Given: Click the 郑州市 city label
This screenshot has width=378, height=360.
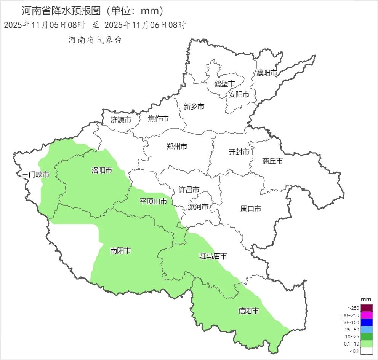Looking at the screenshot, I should tap(177, 146).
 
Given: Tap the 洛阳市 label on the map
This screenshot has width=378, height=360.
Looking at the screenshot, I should tap(102, 170).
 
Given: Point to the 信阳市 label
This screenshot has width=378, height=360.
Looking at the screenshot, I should tap(248, 311).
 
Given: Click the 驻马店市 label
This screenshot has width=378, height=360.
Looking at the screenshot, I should tap(213, 256).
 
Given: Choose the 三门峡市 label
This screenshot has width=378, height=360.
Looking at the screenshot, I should tap(35, 175).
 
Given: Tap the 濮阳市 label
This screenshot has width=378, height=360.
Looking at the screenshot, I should tap(267, 73).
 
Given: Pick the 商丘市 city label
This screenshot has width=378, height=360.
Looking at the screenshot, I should tap(272, 161).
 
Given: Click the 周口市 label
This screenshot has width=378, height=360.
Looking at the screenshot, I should tap(251, 209).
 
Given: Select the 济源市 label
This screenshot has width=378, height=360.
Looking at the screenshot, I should tap(121, 119).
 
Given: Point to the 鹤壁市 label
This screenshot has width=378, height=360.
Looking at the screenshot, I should tap(224, 83).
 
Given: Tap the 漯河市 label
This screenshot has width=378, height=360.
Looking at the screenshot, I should tap(199, 207).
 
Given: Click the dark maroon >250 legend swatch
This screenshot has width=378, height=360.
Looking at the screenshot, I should tap(367, 308).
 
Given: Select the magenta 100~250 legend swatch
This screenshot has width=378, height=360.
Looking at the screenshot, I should tap(367, 315).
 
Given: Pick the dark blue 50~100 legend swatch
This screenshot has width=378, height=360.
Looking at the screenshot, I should tap(367, 322).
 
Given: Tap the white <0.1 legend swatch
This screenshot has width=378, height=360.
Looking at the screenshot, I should tap(367, 351).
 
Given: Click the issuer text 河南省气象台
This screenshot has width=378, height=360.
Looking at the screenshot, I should tap(95, 40).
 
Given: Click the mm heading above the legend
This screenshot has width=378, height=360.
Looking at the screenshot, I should tap(366, 299).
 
